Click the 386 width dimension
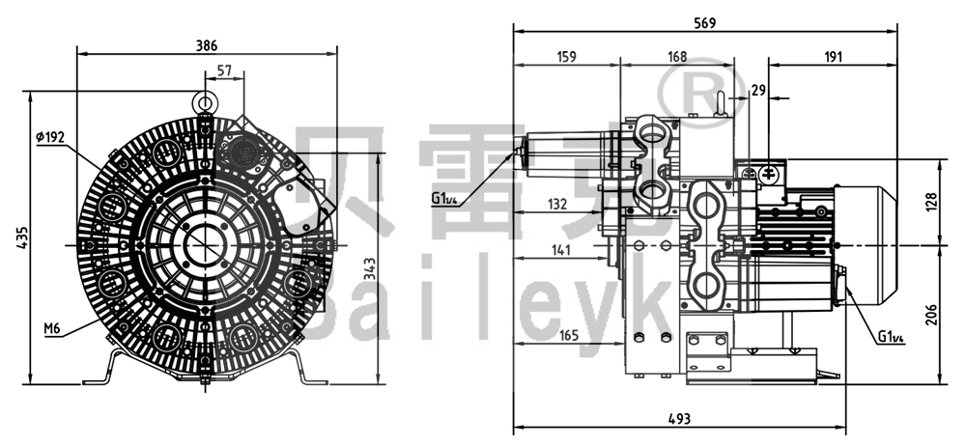[x=207, y=45]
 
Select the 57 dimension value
[x=225, y=70]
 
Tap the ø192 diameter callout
[x=50, y=137]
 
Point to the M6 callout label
[x=52, y=329]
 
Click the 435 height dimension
[x=22, y=237]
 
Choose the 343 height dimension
[x=369, y=269]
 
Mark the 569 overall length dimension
[x=705, y=23]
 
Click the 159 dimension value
[x=566, y=57]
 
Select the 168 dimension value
[x=676, y=57]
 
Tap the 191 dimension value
[x=833, y=57]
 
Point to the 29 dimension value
[x=758, y=91]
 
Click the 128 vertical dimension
[x=931, y=202]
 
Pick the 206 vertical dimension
[x=931, y=315]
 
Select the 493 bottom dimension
[x=679, y=419]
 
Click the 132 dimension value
[x=557, y=205]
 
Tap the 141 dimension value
[x=561, y=249]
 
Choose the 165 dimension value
[x=569, y=335]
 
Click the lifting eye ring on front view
[x=203, y=101]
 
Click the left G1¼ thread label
[x=444, y=199]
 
